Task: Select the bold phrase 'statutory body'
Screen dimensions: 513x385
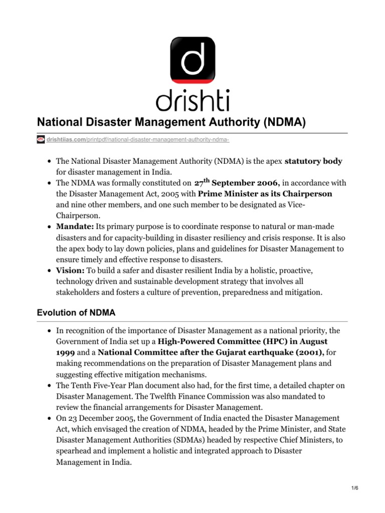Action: [314, 161]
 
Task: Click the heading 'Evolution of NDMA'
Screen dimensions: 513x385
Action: [76, 313]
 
